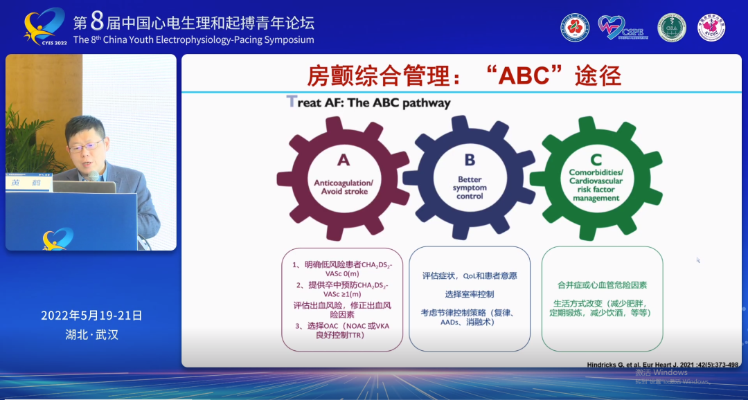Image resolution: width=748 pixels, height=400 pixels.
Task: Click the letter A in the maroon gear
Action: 344,161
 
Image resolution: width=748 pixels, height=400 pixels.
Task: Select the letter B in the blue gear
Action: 470,160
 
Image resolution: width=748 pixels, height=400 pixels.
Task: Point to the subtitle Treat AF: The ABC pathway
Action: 368,103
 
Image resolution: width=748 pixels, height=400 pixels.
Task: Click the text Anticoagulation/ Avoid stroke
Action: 344,187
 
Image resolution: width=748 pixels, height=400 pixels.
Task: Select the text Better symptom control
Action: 470,188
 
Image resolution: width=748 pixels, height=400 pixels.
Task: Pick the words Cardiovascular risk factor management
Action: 596,190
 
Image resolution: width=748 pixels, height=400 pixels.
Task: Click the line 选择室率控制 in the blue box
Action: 470,294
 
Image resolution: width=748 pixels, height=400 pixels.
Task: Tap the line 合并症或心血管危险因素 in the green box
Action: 602,284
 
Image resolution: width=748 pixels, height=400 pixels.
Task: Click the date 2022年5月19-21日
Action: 91,316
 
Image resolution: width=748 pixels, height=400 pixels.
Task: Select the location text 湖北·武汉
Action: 91,335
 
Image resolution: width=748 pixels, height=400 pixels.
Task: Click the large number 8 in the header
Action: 96,21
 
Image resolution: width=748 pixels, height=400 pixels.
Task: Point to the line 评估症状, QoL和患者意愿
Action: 470,275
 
